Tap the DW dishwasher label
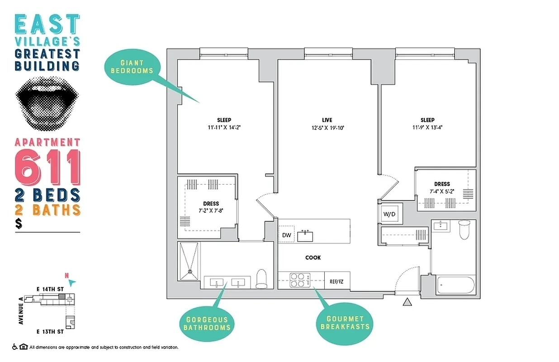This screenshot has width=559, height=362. [286, 235]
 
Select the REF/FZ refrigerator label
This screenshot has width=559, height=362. [336, 281]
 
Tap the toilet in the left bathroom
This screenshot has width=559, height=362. [262, 280]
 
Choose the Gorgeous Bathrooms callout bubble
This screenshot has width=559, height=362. [207, 324]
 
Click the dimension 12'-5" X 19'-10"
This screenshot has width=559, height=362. [327, 127]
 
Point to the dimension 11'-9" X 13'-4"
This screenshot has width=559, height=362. [427, 127]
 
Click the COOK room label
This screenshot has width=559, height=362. [313, 257]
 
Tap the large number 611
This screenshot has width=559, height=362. [47, 167]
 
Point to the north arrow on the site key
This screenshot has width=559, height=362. [71, 282]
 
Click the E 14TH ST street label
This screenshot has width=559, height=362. [50, 288]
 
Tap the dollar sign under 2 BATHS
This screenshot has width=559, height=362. [19, 223]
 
